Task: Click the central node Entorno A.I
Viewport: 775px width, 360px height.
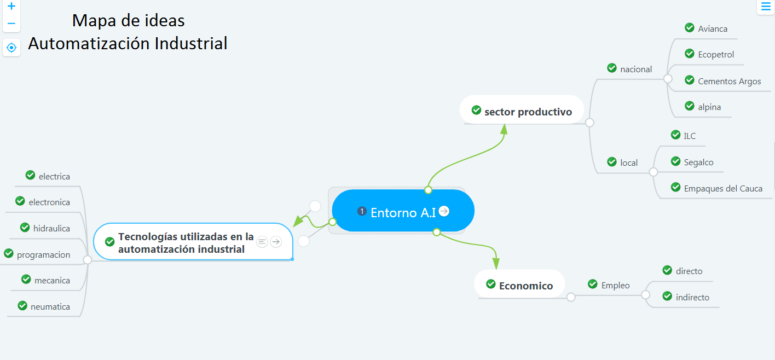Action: [x=403, y=212]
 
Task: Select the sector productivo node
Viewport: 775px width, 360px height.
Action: [x=528, y=112]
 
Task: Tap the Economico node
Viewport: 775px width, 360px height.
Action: [x=525, y=286]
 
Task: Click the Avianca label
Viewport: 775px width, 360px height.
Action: [x=713, y=28]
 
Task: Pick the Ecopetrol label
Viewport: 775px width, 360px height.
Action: [x=716, y=54]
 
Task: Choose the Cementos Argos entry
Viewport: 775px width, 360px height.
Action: [x=729, y=81]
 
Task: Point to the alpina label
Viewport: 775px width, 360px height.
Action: [x=709, y=107]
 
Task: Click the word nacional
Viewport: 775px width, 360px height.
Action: [x=636, y=69]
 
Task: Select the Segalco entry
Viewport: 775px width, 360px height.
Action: [x=698, y=162]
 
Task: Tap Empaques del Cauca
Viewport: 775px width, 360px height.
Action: [x=722, y=188]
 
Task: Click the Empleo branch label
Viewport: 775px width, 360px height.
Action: [x=615, y=285]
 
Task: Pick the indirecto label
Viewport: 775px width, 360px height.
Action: [x=692, y=297]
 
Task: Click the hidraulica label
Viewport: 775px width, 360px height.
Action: [x=51, y=228]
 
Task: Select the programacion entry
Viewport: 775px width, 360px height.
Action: [x=43, y=254]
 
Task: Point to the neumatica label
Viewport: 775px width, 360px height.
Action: [x=50, y=306]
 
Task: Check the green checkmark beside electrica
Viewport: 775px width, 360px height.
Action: [x=31, y=175]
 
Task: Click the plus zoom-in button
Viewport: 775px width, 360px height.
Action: [x=11, y=7]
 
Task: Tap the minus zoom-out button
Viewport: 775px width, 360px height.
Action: [x=11, y=24]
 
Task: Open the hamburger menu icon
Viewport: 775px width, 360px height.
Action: [x=766, y=6]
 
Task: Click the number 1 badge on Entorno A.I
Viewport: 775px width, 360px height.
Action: [x=361, y=211]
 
